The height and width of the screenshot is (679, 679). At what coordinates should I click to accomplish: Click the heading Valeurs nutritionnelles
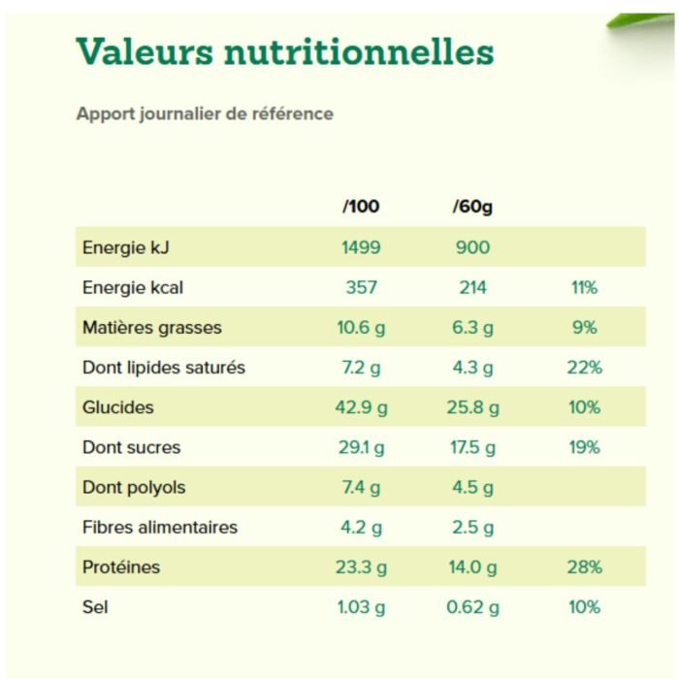[284, 51]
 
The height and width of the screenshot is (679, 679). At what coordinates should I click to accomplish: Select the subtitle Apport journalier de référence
[205, 113]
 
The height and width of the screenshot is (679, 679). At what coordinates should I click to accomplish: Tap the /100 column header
[361, 207]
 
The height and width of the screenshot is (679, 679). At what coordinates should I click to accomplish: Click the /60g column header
[472, 207]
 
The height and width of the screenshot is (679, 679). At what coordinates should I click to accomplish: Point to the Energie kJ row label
[126, 247]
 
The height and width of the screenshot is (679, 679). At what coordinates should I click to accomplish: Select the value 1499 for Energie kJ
[361, 247]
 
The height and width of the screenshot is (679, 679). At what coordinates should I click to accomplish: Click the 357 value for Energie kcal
[361, 287]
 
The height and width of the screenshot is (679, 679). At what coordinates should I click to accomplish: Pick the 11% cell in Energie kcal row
[584, 287]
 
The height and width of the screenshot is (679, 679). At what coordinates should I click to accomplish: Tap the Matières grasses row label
[152, 328]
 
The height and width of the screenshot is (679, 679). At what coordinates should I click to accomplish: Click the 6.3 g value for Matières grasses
[472, 328]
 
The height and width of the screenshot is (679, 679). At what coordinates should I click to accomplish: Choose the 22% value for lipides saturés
[584, 368]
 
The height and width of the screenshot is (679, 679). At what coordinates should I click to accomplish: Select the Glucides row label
[118, 407]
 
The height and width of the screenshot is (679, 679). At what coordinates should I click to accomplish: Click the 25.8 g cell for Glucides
[472, 407]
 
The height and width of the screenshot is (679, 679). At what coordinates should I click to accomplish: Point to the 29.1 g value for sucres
[361, 447]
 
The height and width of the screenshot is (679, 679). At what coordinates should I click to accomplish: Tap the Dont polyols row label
[134, 488]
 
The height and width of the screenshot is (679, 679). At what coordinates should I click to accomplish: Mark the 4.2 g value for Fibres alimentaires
[361, 528]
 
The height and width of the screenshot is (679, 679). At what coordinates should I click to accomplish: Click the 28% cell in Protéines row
[584, 567]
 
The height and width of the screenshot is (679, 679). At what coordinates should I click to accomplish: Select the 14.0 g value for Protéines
[472, 567]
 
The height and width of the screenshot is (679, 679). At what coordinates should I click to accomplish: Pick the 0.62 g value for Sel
[472, 607]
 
